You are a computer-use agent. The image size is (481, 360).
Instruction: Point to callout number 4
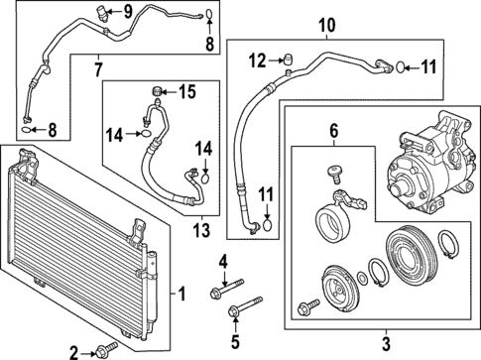tap(224, 261)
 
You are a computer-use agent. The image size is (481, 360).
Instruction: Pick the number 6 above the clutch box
tap(334, 129)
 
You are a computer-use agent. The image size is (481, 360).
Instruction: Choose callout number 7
tap(97, 68)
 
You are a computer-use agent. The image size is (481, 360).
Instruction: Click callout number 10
tap(326, 24)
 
